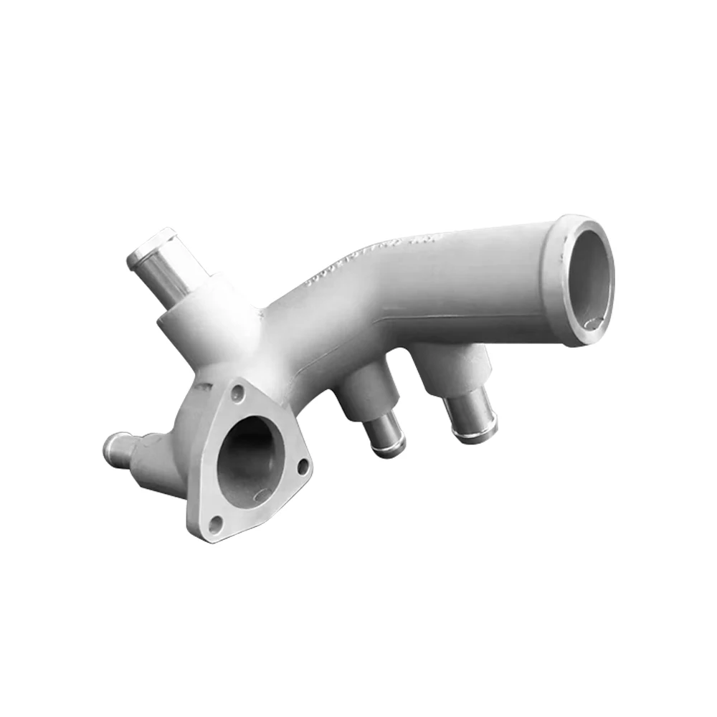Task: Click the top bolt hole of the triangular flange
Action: pos(239,391)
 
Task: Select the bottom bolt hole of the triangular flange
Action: pos(213,528)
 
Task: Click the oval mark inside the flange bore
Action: pos(262,495)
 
